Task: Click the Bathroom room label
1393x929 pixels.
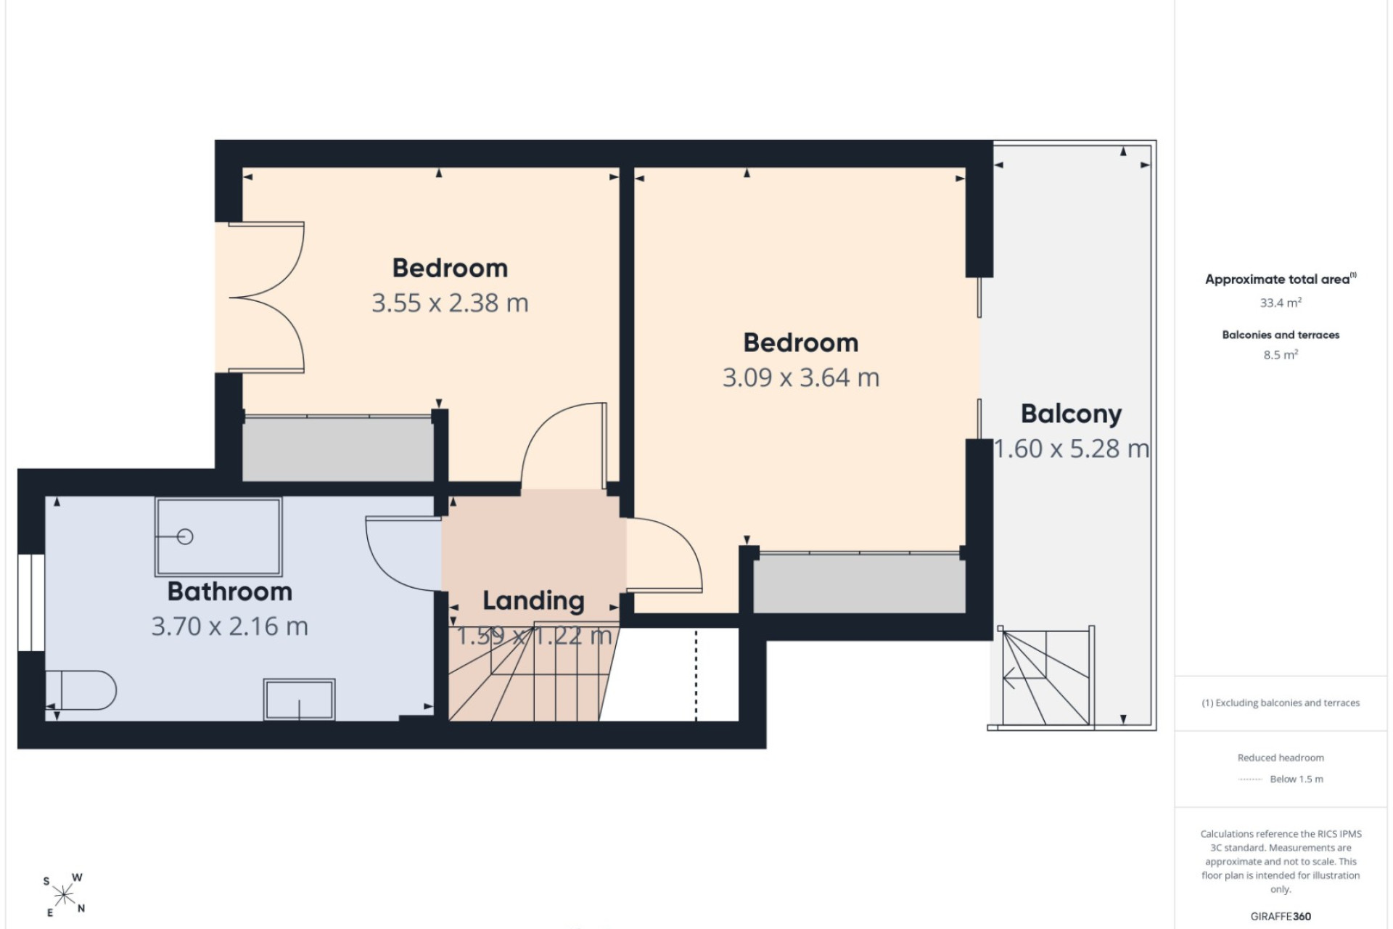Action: coord(230,592)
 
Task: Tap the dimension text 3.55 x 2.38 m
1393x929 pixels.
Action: coord(450,303)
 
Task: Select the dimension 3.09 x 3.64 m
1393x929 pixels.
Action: coord(801,377)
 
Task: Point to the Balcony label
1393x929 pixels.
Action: coord(1072,414)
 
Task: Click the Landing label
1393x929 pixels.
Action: coord(533,601)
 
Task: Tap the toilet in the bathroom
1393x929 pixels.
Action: coord(81,689)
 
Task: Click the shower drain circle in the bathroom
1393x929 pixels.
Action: coord(185,537)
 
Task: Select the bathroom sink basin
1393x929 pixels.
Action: coord(299,700)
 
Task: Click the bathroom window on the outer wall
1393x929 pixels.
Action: coord(31,602)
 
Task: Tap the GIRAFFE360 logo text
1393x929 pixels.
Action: coord(1281,917)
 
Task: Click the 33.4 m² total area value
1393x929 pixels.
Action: coord(1281,303)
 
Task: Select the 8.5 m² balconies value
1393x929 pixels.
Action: coord(1281,355)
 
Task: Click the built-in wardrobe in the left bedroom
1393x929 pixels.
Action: coord(338,448)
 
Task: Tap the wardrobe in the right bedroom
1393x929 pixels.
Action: coord(860,584)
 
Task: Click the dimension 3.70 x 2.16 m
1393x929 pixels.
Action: coord(230,626)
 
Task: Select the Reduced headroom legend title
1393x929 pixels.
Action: coord(1281,758)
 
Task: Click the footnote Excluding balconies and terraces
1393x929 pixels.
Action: coord(1281,703)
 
